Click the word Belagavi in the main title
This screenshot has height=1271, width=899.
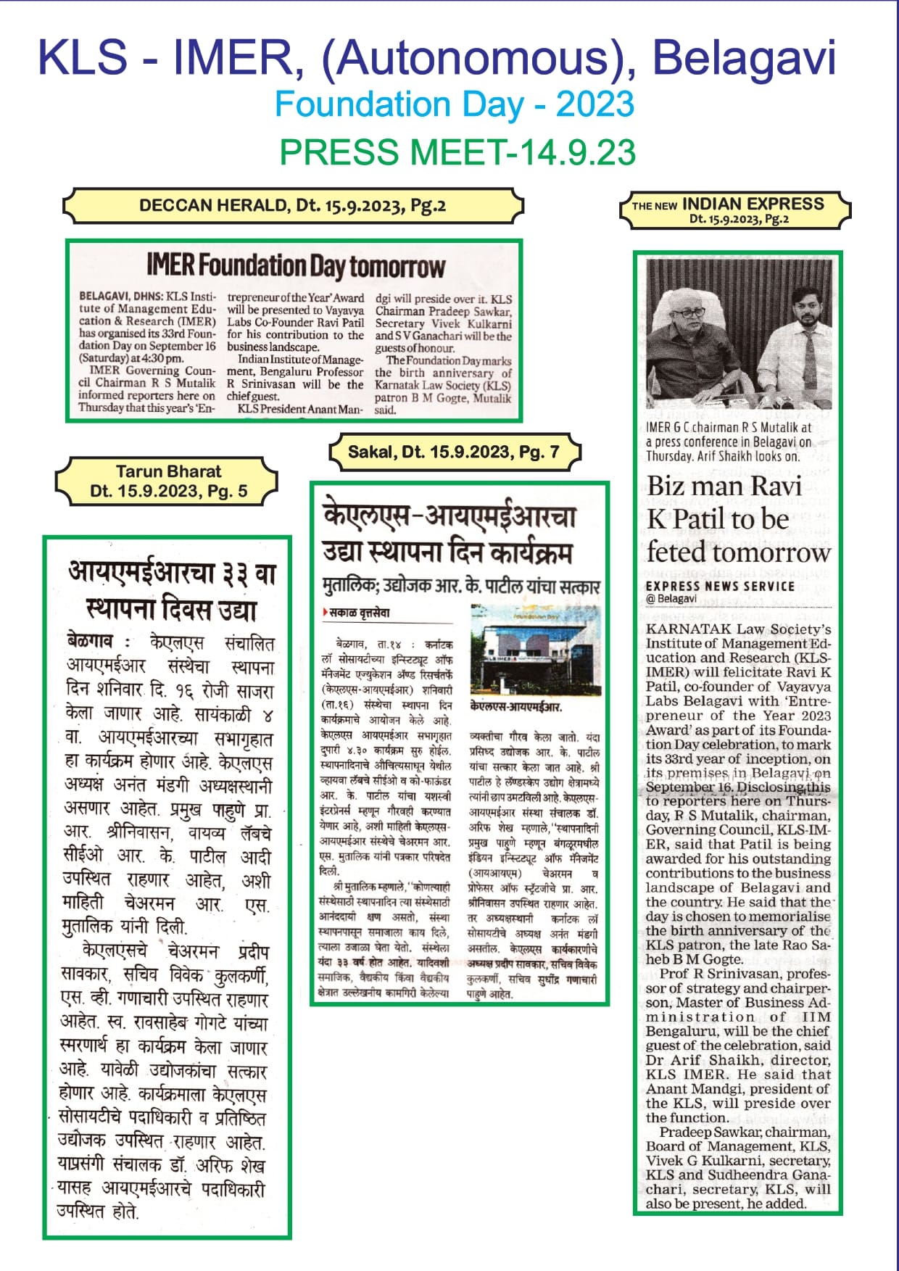745,58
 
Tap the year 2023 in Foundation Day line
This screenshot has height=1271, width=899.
594,104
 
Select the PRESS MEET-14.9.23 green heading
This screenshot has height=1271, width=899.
457,152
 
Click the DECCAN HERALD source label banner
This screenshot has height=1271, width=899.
292,206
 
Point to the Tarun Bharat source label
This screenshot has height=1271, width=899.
168,481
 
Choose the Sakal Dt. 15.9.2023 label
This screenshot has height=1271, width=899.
454,452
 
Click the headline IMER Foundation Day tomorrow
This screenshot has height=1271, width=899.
296,266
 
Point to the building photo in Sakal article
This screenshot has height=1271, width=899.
534,650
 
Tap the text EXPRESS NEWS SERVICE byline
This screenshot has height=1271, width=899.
720,586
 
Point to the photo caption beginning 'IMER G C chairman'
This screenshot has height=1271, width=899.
729,442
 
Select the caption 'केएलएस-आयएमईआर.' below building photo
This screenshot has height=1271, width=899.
515,706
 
